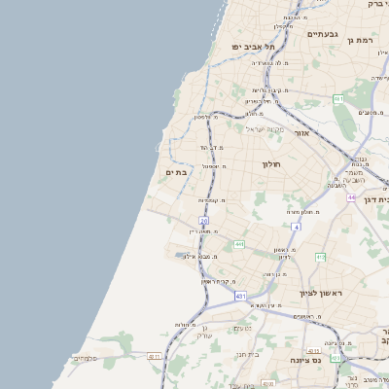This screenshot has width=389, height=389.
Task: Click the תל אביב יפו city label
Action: (x=254, y=47)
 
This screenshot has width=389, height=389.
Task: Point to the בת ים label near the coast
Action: (x=176, y=172)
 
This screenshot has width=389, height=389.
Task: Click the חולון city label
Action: (x=271, y=163)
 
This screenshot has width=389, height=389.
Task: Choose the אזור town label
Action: (x=301, y=132)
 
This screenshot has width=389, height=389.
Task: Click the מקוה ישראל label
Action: (x=263, y=129)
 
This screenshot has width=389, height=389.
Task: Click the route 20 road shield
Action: (x=203, y=221)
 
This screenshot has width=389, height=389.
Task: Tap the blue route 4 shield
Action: (x=296, y=226)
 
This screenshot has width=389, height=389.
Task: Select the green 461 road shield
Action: (x=337, y=99)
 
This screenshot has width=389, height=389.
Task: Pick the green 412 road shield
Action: (x=320, y=257)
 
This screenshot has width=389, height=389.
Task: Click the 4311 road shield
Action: (x=154, y=357)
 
